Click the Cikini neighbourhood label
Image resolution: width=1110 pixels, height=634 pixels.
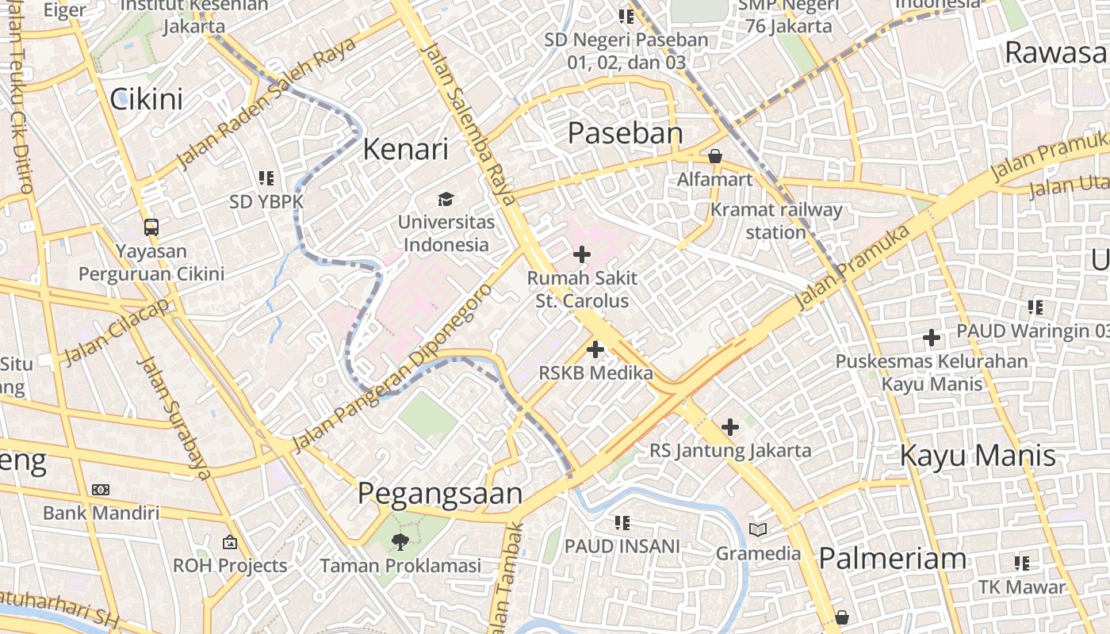click(x=146, y=99)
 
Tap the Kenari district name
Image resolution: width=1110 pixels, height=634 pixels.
click(x=405, y=149)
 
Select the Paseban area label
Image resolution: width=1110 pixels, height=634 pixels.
click(x=625, y=133)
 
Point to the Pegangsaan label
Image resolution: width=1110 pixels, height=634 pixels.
click(x=440, y=493)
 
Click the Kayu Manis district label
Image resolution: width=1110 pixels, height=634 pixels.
click(x=978, y=456)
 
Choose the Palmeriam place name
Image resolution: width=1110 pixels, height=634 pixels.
click(x=892, y=559)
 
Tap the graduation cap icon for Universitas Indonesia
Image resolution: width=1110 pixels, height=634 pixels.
click(x=446, y=199)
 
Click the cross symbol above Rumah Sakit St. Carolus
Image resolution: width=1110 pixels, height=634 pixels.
click(x=582, y=254)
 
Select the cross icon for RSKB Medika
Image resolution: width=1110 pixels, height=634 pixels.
click(x=595, y=349)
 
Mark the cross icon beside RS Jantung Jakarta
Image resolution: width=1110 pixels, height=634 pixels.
click(x=730, y=427)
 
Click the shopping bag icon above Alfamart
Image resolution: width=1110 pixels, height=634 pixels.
click(x=715, y=156)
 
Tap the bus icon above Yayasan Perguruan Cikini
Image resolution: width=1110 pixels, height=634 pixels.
click(x=151, y=227)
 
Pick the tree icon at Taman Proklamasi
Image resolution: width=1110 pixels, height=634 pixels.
click(x=400, y=542)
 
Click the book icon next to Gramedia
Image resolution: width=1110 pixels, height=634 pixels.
click(x=758, y=529)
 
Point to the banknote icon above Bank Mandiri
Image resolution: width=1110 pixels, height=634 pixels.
click(x=101, y=490)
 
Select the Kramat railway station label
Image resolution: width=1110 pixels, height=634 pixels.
click(x=776, y=221)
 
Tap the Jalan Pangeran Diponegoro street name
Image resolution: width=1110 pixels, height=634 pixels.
click(x=392, y=369)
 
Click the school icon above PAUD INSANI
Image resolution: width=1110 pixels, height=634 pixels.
click(x=622, y=522)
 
